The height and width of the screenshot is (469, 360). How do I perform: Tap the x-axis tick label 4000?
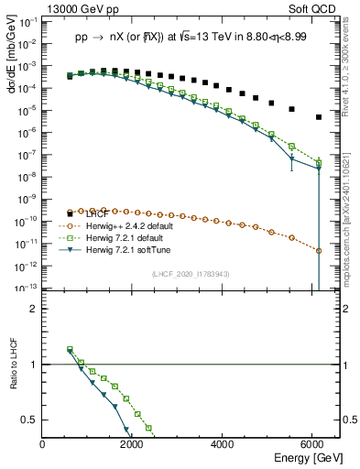(x=224, y=446)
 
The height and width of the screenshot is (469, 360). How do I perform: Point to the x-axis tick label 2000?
(x=134, y=446)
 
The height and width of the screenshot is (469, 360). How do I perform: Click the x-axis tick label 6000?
(x=313, y=446)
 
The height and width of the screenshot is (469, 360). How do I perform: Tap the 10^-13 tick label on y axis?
(x=27, y=288)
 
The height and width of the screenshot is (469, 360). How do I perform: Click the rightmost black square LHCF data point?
(x=318, y=117)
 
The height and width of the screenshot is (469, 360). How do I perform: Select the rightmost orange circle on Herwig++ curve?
(x=318, y=250)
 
